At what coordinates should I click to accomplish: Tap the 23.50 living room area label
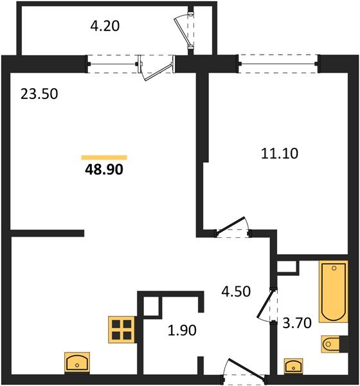coord(39,95)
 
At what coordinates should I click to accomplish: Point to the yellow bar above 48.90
coord(104,157)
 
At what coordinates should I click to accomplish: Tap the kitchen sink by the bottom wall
coord(77,362)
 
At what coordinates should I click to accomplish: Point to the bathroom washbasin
coord(296,365)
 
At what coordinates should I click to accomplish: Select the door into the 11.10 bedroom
coord(232,226)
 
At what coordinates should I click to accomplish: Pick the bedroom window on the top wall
coord(278,64)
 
